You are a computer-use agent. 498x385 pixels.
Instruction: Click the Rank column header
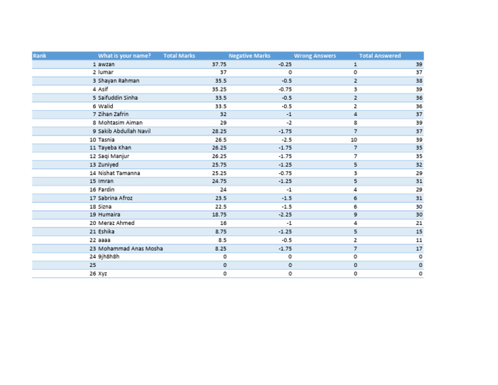pyautogui.click(x=40, y=56)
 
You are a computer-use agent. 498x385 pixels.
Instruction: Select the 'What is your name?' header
pyautogui.click(x=124, y=56)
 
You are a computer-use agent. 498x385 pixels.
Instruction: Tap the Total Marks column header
pyautogui.click(x=179, y=56)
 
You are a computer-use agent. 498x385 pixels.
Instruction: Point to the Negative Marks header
pyautogui.click(x=250, y=56)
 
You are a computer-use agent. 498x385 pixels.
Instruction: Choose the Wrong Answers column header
pyautogui.click(x=315, y=56)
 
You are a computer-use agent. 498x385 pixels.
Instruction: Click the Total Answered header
pyautogui.click(x=380, y=56)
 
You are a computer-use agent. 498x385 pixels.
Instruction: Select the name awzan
pyautogui.click(x=106, y=64)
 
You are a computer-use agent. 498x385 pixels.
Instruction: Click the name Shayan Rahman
pyautogui.click(x=119, y=81)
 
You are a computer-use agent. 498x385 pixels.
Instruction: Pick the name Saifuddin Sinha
pyautogui.click(x=118, y=98)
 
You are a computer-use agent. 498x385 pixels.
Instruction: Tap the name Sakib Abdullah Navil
pyautogui.click(x=124, y=131)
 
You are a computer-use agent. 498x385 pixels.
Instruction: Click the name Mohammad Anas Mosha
pyautogui.click(x=130, y=248)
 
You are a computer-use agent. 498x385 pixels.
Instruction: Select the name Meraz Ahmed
pyautogui.click(x=117, y=223)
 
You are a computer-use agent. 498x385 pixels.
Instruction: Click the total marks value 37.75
pyautogui.click(x=219, y=64)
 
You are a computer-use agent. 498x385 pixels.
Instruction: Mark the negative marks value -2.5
pyautogui.click(x=286, y=139)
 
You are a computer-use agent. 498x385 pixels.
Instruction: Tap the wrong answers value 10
pyautogui.click(x=354, y=139)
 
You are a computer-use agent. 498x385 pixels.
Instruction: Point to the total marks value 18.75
pyautogui.click(x=219, y=215)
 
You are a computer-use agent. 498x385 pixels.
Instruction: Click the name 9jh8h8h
pyautogui.click(x=109, y=257)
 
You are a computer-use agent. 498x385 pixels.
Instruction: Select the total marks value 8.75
pyautogui.click(x=220, y=231)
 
